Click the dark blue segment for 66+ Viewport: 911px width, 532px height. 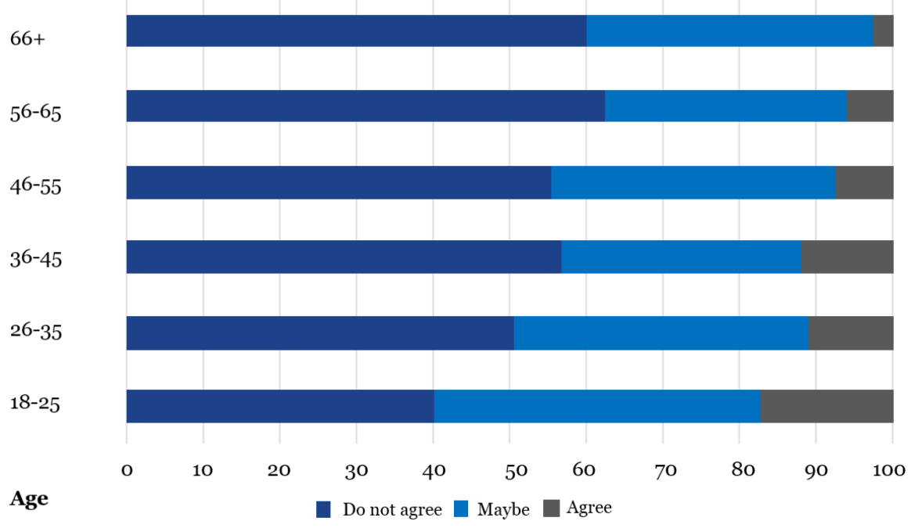356,31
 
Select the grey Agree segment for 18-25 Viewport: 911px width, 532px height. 826,406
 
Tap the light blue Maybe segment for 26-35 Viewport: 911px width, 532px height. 661,332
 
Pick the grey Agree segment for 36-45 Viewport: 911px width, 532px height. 847,257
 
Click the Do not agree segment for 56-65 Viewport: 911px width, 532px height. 365,106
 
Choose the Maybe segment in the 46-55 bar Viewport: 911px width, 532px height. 693,182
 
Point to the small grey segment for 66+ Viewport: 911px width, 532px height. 883,31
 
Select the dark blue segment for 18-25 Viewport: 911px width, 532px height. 280,406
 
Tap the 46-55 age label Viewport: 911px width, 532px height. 35,186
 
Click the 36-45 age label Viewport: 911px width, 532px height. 35,258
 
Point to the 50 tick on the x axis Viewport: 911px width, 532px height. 510,469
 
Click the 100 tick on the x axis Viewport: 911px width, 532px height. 889,469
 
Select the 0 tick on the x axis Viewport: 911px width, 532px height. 127,469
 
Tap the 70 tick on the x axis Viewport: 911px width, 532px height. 663,469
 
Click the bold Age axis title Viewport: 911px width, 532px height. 28,498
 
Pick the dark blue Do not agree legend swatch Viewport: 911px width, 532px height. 324,509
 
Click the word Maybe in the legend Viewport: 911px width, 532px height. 503,509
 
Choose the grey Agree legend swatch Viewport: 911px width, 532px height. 552,509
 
